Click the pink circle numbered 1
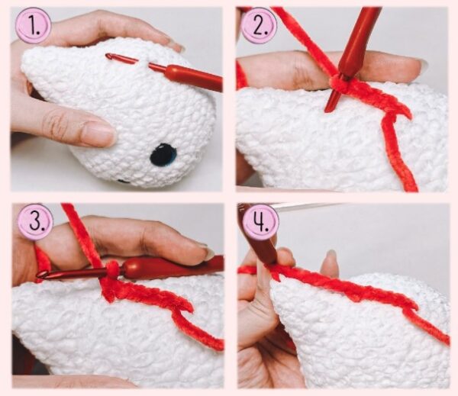[x=34, y=26]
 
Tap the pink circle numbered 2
[x=260, y=26]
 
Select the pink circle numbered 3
[x=35, y=223]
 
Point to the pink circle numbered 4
[x=260, y=223]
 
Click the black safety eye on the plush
[x=163, y=154]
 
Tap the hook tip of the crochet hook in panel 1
[x=109, y=56]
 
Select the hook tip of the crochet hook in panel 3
[x=40, y=275]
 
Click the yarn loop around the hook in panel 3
[x=113, y=268]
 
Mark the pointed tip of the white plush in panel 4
[x=274, y=282]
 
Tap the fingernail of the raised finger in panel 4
[x=331, y=256]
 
